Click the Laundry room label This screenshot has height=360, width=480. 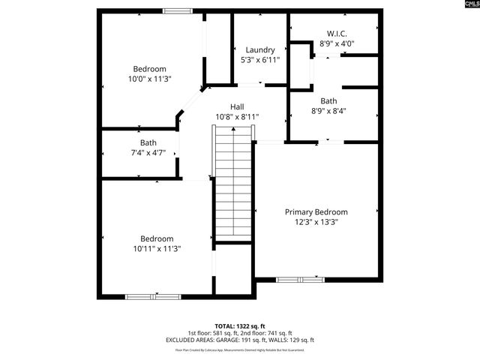(260, 50)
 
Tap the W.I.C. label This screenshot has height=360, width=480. (337, 34)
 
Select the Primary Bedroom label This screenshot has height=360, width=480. (316, 212)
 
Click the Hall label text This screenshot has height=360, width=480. (237, 107)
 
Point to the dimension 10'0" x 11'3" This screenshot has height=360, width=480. (149, 78)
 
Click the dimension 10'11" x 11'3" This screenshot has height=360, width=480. (157, 248)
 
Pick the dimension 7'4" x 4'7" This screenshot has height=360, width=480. (148, 152)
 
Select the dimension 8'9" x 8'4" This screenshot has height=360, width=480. (328, 111)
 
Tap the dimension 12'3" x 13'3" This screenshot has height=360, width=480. (316, 222)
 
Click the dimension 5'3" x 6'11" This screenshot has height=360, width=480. (260, 60)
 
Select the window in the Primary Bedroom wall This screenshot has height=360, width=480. (301, 280)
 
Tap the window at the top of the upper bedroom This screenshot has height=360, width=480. (177, 10)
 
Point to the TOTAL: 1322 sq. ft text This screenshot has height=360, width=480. (240, 326)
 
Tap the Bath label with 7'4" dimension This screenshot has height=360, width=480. (148, 142)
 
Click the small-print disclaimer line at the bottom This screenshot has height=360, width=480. (240, 349)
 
